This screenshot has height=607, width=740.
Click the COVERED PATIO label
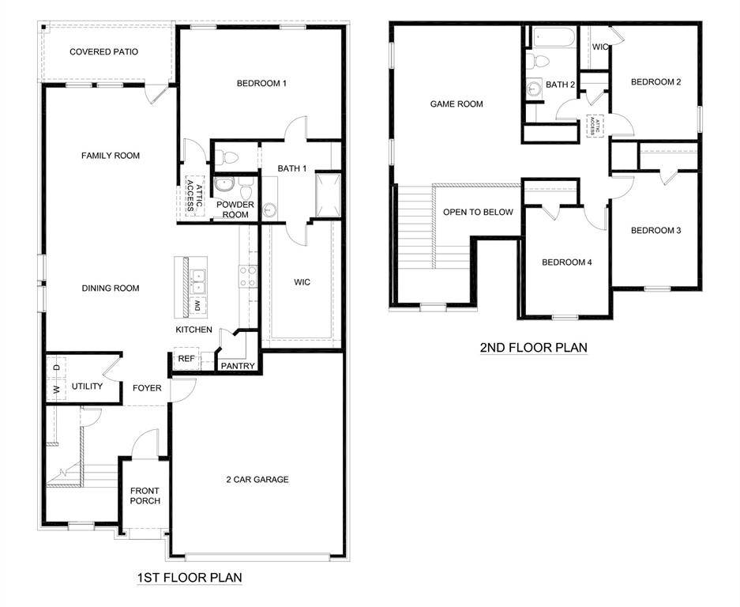click(x=103, y=52)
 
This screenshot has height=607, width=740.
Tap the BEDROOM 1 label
click(x=261, y=83)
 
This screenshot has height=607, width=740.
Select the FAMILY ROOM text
click(x=111, y=156)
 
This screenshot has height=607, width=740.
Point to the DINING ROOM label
click(x=111, y=288)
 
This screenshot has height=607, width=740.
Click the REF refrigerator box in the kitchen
click(x=186, y=359)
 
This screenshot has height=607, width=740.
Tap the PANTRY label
click(x=237, y=366)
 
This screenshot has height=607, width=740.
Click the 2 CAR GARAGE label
click(x=258, y=479)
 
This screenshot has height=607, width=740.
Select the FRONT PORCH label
click(x=145, y=496)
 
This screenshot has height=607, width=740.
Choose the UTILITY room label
click(x=87, y=386)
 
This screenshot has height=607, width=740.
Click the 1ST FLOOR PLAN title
click(x=190, y=578)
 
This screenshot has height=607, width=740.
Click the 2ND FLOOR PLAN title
click(x=534, y=347)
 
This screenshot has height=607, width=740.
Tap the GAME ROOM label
click(x=456, y=104)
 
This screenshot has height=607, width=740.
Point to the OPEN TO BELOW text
click(x=478, y=212)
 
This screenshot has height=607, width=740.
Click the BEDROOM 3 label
click(x=655, y=231)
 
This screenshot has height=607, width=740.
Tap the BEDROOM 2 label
click(x=655, y=82)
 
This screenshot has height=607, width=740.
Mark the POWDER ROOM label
click(x=235, y=209)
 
